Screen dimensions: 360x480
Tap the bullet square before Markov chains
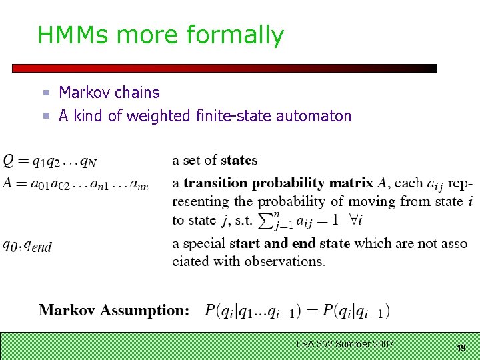tap(47, 93)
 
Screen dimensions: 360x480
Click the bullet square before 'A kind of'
tap(47, 117)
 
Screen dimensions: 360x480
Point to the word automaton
tap(313, 116)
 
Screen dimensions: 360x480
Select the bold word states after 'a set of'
tap(239, 160)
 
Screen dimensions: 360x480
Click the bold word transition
tap(215, 183)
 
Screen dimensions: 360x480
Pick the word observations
tap(284, 261)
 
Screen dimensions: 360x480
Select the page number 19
tap(460, 348)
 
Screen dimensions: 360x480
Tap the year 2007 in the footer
tap(383, 344)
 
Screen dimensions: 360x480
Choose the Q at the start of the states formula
tap(8, 161)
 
